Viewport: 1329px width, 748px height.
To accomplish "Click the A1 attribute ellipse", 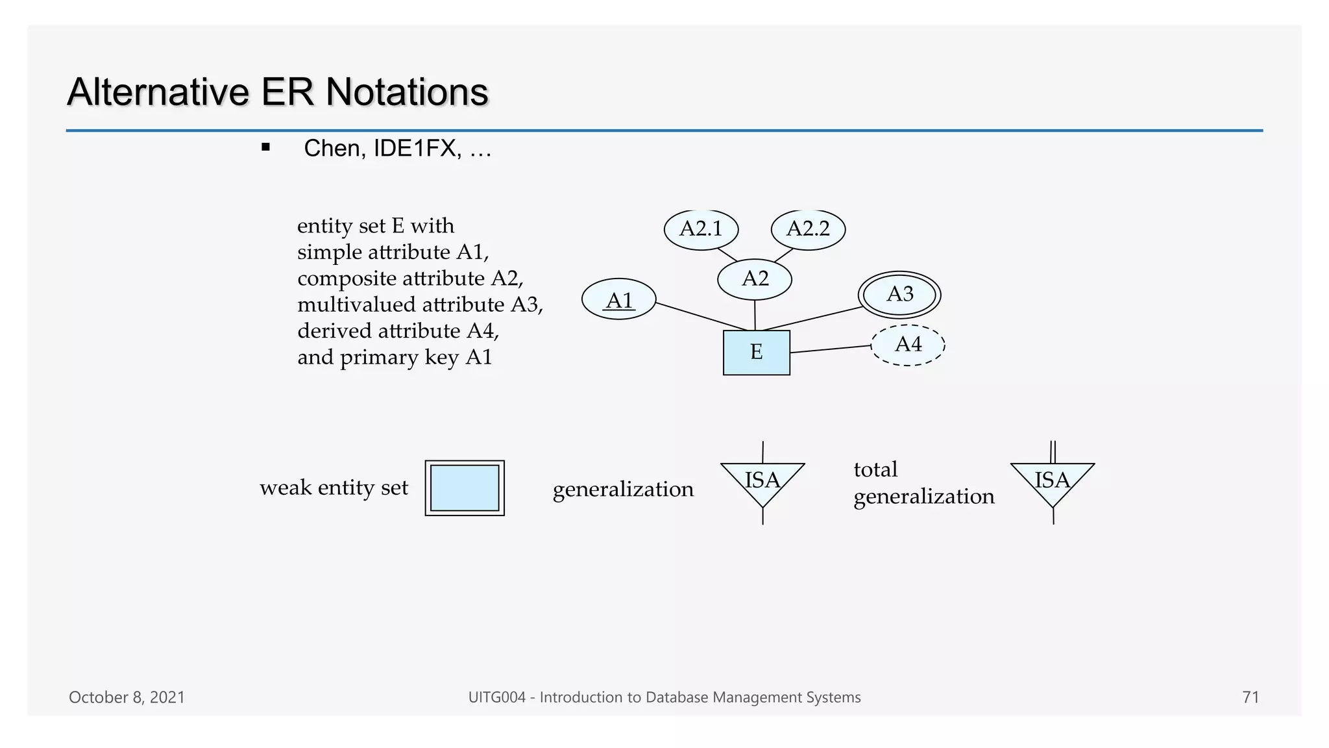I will tap(618, 299).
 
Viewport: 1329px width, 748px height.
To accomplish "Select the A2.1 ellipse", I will tap(701, 229).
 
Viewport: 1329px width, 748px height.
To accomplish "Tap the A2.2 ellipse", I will tap(808, 229).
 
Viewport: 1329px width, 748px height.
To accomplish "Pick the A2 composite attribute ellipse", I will tap(755, 279).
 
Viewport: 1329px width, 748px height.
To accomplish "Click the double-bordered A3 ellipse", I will tap(899, 295).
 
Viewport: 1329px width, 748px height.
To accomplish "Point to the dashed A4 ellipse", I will tap(908, 345).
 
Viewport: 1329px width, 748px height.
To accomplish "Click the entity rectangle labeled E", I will tap(757, 353).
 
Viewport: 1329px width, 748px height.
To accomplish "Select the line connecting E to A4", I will tap(831, 349).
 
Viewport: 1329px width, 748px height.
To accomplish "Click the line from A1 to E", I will tap(701, 317).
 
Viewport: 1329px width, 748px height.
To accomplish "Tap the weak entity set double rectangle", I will tap(465, 488).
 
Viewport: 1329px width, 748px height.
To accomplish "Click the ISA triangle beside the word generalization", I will tap(762, 482).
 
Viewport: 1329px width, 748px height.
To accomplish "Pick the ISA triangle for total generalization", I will tap(1053, 482).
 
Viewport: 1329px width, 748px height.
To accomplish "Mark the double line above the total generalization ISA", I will tap(1053, 452).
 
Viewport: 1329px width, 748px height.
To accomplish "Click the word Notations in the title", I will tap(407, 92).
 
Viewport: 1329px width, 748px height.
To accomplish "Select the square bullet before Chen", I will tap(265, 147).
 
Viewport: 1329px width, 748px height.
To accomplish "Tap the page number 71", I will tap(1250, 697).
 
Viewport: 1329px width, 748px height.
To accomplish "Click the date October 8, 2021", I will tap(127, 697).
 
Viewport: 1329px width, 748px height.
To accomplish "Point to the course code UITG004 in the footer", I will tap(496, 697).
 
